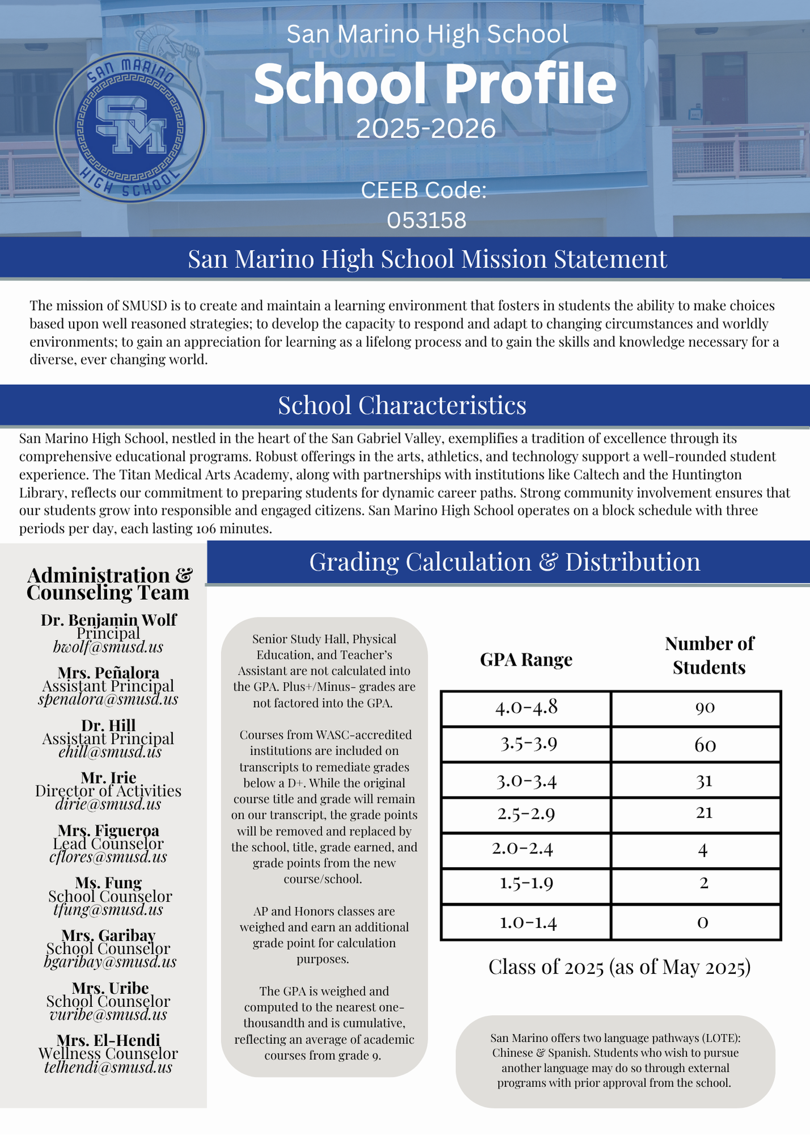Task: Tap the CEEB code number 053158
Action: click(427, 220)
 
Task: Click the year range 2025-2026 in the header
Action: click(426, 129)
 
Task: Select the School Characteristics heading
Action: click(402, 405)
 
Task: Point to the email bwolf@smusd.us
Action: click(108, 647)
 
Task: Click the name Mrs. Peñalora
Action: click(108, 672)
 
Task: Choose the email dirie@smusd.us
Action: click(108, 804)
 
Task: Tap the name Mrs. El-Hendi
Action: click(108, 1040)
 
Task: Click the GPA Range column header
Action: click(526, 659)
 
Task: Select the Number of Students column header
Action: click(709, 655)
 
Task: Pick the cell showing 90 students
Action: click(705, 708)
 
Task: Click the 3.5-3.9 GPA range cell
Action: click(528, 744)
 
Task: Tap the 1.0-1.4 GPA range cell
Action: click(528, 922)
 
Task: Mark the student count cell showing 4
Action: click(703, 850)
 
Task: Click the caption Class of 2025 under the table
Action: click(619, 967)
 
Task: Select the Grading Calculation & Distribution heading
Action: click(504, 562)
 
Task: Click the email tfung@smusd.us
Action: click(108, 910)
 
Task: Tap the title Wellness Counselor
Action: click(108, 1053)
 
